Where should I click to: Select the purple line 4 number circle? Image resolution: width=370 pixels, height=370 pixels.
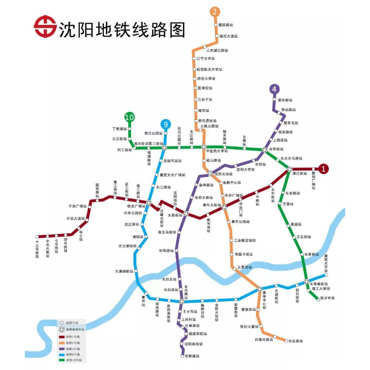coord(274,89)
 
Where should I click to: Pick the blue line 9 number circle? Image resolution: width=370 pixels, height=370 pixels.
coord(165,124)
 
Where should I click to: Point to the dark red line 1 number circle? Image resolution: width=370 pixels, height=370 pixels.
coord(323,169)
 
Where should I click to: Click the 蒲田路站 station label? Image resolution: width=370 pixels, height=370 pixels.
coord(226,25)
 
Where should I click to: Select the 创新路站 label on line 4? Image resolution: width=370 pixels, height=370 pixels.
coord(192,356)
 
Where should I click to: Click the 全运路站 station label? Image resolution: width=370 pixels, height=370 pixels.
coord(296,341)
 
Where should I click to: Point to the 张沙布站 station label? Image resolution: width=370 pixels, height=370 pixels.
coord(327,298)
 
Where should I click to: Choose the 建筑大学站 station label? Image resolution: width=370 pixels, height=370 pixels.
coord(326,263)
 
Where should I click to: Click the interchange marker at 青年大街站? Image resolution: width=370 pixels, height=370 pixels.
coord(224,207)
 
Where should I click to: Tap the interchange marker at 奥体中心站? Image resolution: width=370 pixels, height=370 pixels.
coord(259,289)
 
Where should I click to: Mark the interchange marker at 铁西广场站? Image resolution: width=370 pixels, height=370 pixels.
coord(149,202)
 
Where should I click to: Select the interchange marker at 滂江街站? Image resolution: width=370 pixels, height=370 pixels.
coord(290,169)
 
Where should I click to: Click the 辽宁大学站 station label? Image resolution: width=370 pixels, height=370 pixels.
coord(206,58)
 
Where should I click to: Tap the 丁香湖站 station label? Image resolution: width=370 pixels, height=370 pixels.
coord(119,129)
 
